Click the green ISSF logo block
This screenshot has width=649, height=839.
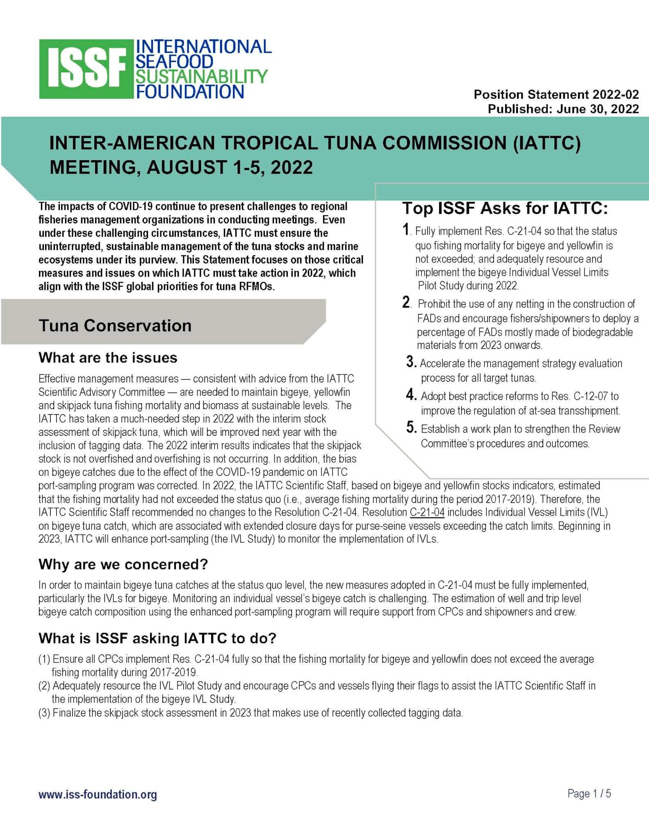coord(87,69)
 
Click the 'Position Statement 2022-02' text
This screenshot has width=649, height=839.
coord(556,95)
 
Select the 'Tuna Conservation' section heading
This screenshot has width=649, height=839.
coord(115,326)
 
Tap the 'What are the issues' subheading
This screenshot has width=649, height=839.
coord(108,358)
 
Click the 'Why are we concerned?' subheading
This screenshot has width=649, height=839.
coord(123,565)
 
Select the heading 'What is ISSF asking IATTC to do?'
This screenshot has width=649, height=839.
coord(157,638)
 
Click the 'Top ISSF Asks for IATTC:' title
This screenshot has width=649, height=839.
coord(505,209)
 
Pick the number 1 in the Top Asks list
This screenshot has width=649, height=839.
coord(406,229)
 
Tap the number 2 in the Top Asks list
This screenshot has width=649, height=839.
coord(406,302)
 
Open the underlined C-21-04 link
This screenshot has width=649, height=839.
coord(427,512)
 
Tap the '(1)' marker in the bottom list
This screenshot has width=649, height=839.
coord(44,659)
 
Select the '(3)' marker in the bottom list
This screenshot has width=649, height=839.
coord(44,713)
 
